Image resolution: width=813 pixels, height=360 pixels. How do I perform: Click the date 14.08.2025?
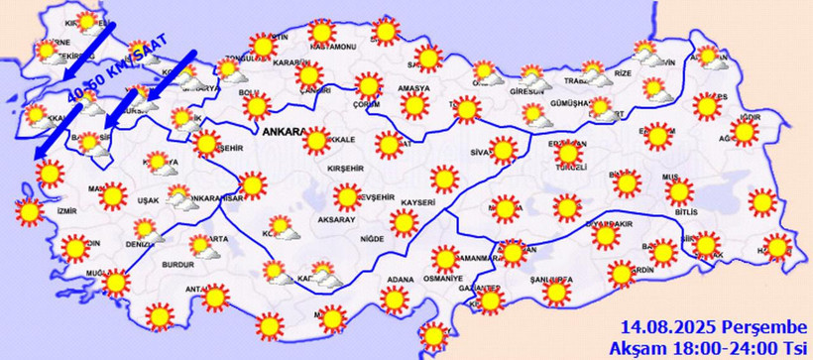(x=664, y=326)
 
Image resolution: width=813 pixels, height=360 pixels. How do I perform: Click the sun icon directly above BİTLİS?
(x=679, y=189)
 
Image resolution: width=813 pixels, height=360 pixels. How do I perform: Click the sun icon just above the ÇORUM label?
(x=370, y=84)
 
